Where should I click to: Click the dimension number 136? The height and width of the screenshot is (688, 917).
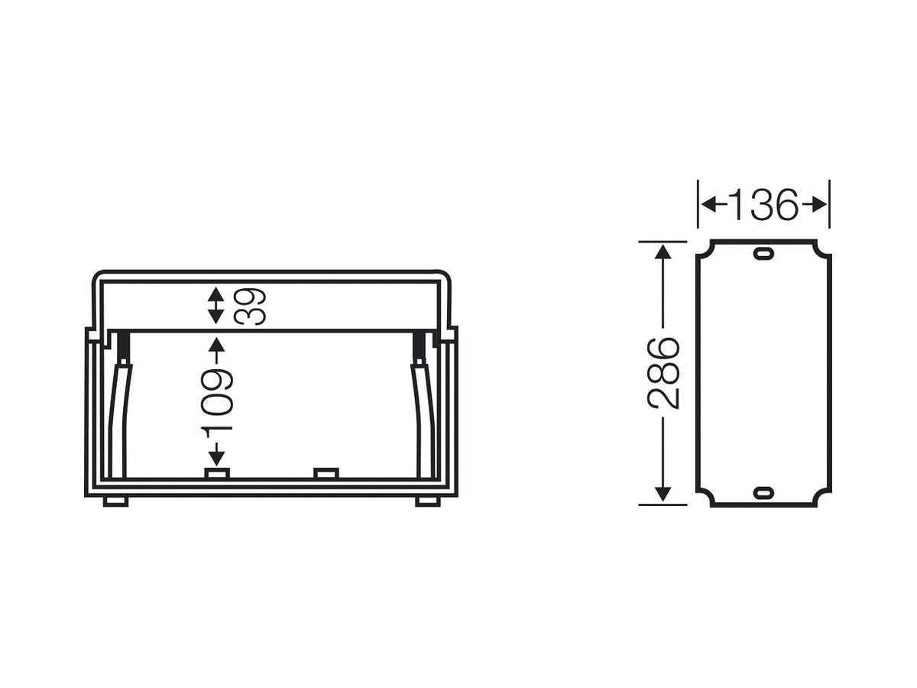[763, 205]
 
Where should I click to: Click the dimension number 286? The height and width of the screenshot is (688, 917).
[663, 373]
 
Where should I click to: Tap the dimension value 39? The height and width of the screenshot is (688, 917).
[250, 306]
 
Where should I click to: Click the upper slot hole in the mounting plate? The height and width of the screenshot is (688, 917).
[763, 254]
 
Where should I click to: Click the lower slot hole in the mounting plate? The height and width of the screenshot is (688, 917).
[763, 493]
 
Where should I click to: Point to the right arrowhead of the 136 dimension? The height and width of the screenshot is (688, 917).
[818, 205]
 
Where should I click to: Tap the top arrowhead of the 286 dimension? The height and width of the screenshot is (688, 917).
[663, 252]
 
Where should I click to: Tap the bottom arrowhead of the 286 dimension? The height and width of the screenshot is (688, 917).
[663, 494]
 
